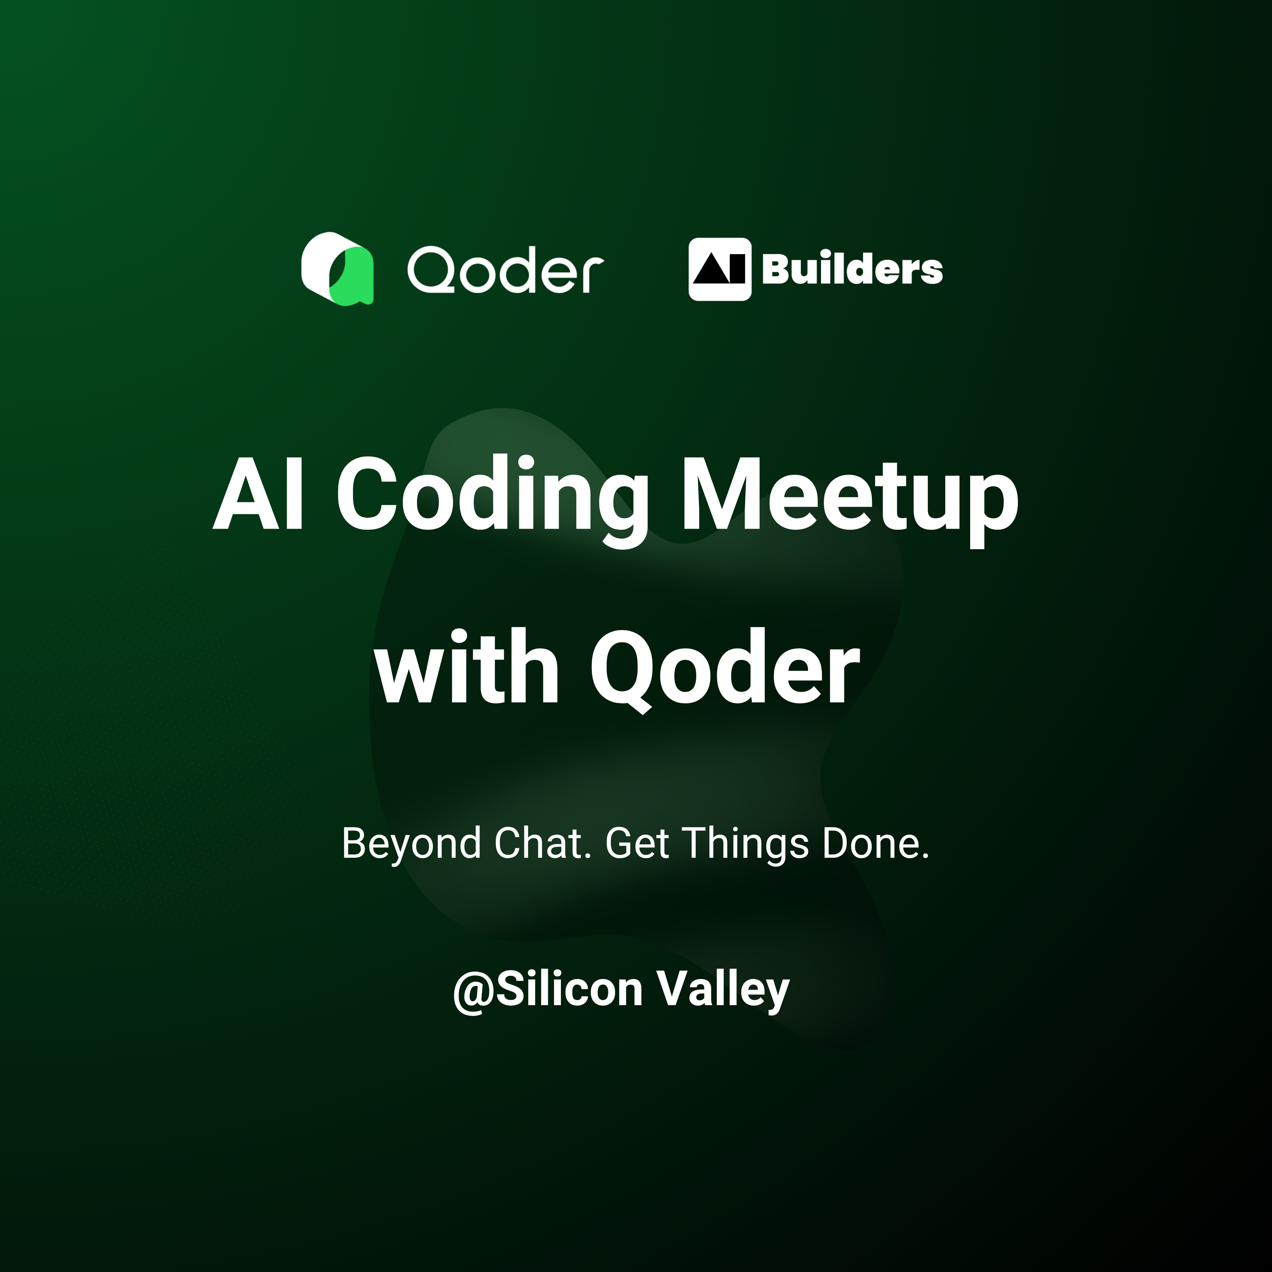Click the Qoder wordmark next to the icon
[505, 270]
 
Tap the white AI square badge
[719, 269]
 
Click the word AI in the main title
[259, 494]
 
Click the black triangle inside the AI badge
[710, 271]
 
